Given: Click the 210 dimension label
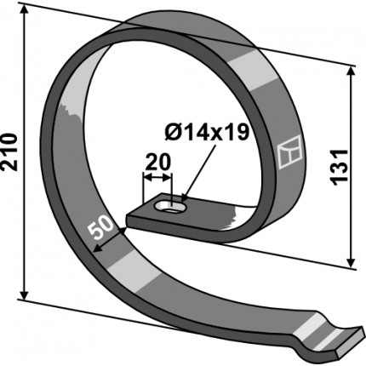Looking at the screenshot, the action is click(x=9, y=152).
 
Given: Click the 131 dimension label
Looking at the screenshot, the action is click(x=340, y=167).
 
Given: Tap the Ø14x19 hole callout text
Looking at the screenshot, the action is click(x=207, y=132).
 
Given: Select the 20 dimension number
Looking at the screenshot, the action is click(x=157, y=162).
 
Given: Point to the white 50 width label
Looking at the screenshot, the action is click(x=100, y=226).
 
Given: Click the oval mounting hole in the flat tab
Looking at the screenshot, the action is click(x=170, y=207).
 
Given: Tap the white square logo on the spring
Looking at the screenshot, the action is click(x=289, y=152).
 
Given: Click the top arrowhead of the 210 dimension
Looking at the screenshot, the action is click(x=25, y=10).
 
